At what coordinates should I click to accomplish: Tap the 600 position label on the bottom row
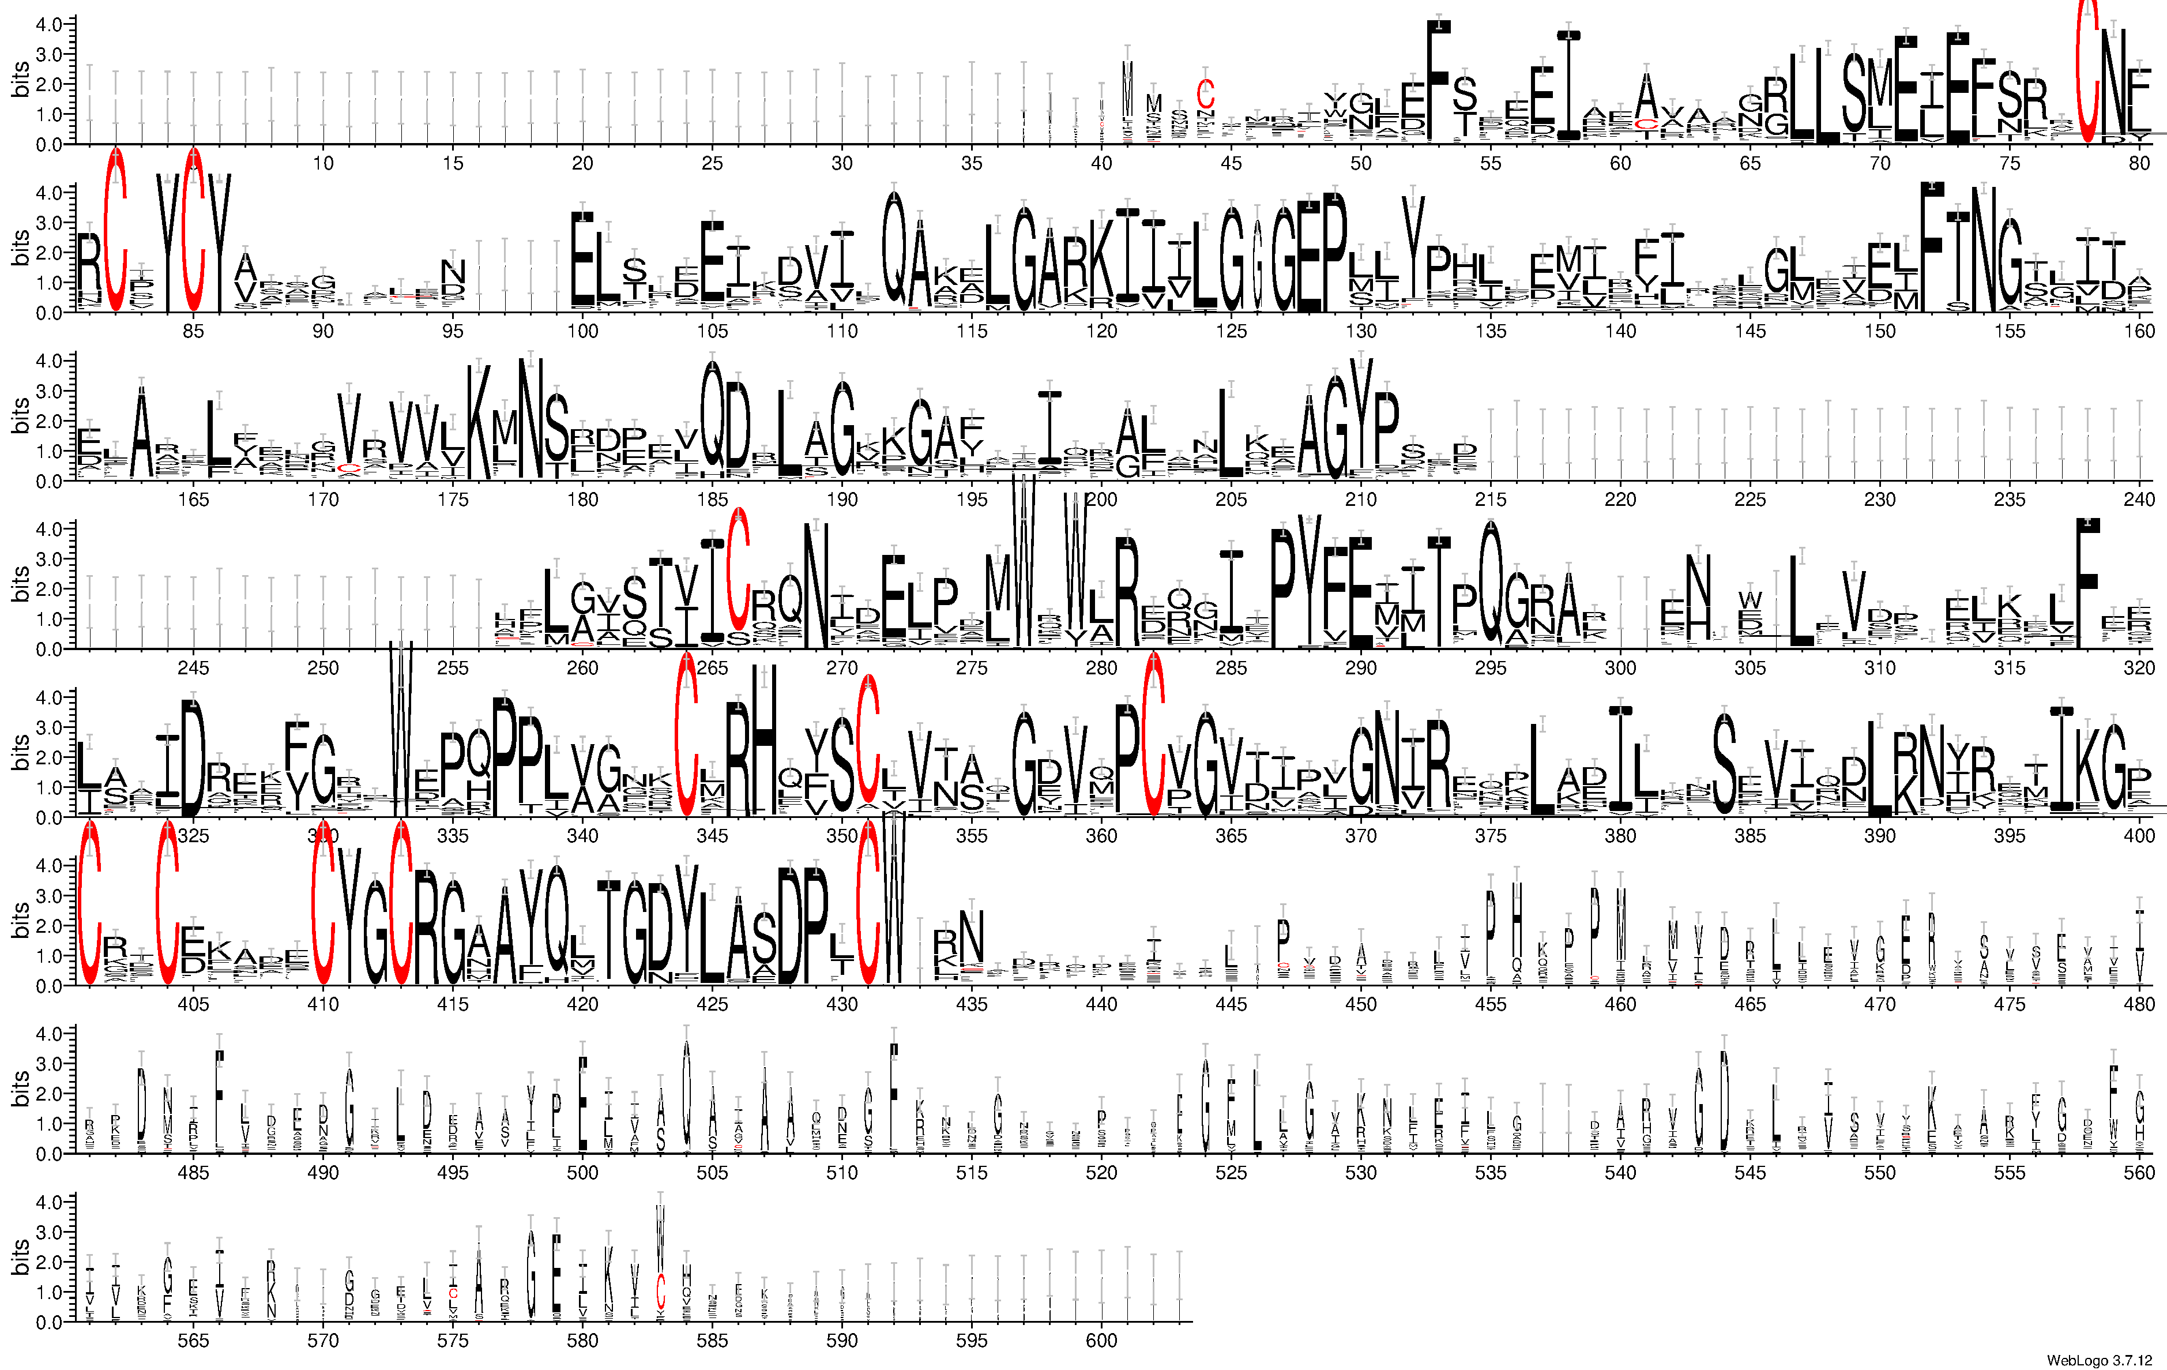pos(1101,1341)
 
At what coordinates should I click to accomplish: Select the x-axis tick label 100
pos(582,331)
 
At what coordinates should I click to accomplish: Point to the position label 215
pos(1490,500)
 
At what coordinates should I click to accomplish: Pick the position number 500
pos(582,1172)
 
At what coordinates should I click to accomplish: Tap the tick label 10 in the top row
pos(323,163)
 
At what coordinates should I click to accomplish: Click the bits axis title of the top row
pos(20,79)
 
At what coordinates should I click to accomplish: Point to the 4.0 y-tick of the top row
pos(48,24)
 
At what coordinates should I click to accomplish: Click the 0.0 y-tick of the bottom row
pos(48,1322)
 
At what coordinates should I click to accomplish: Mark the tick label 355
pos(971,836)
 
